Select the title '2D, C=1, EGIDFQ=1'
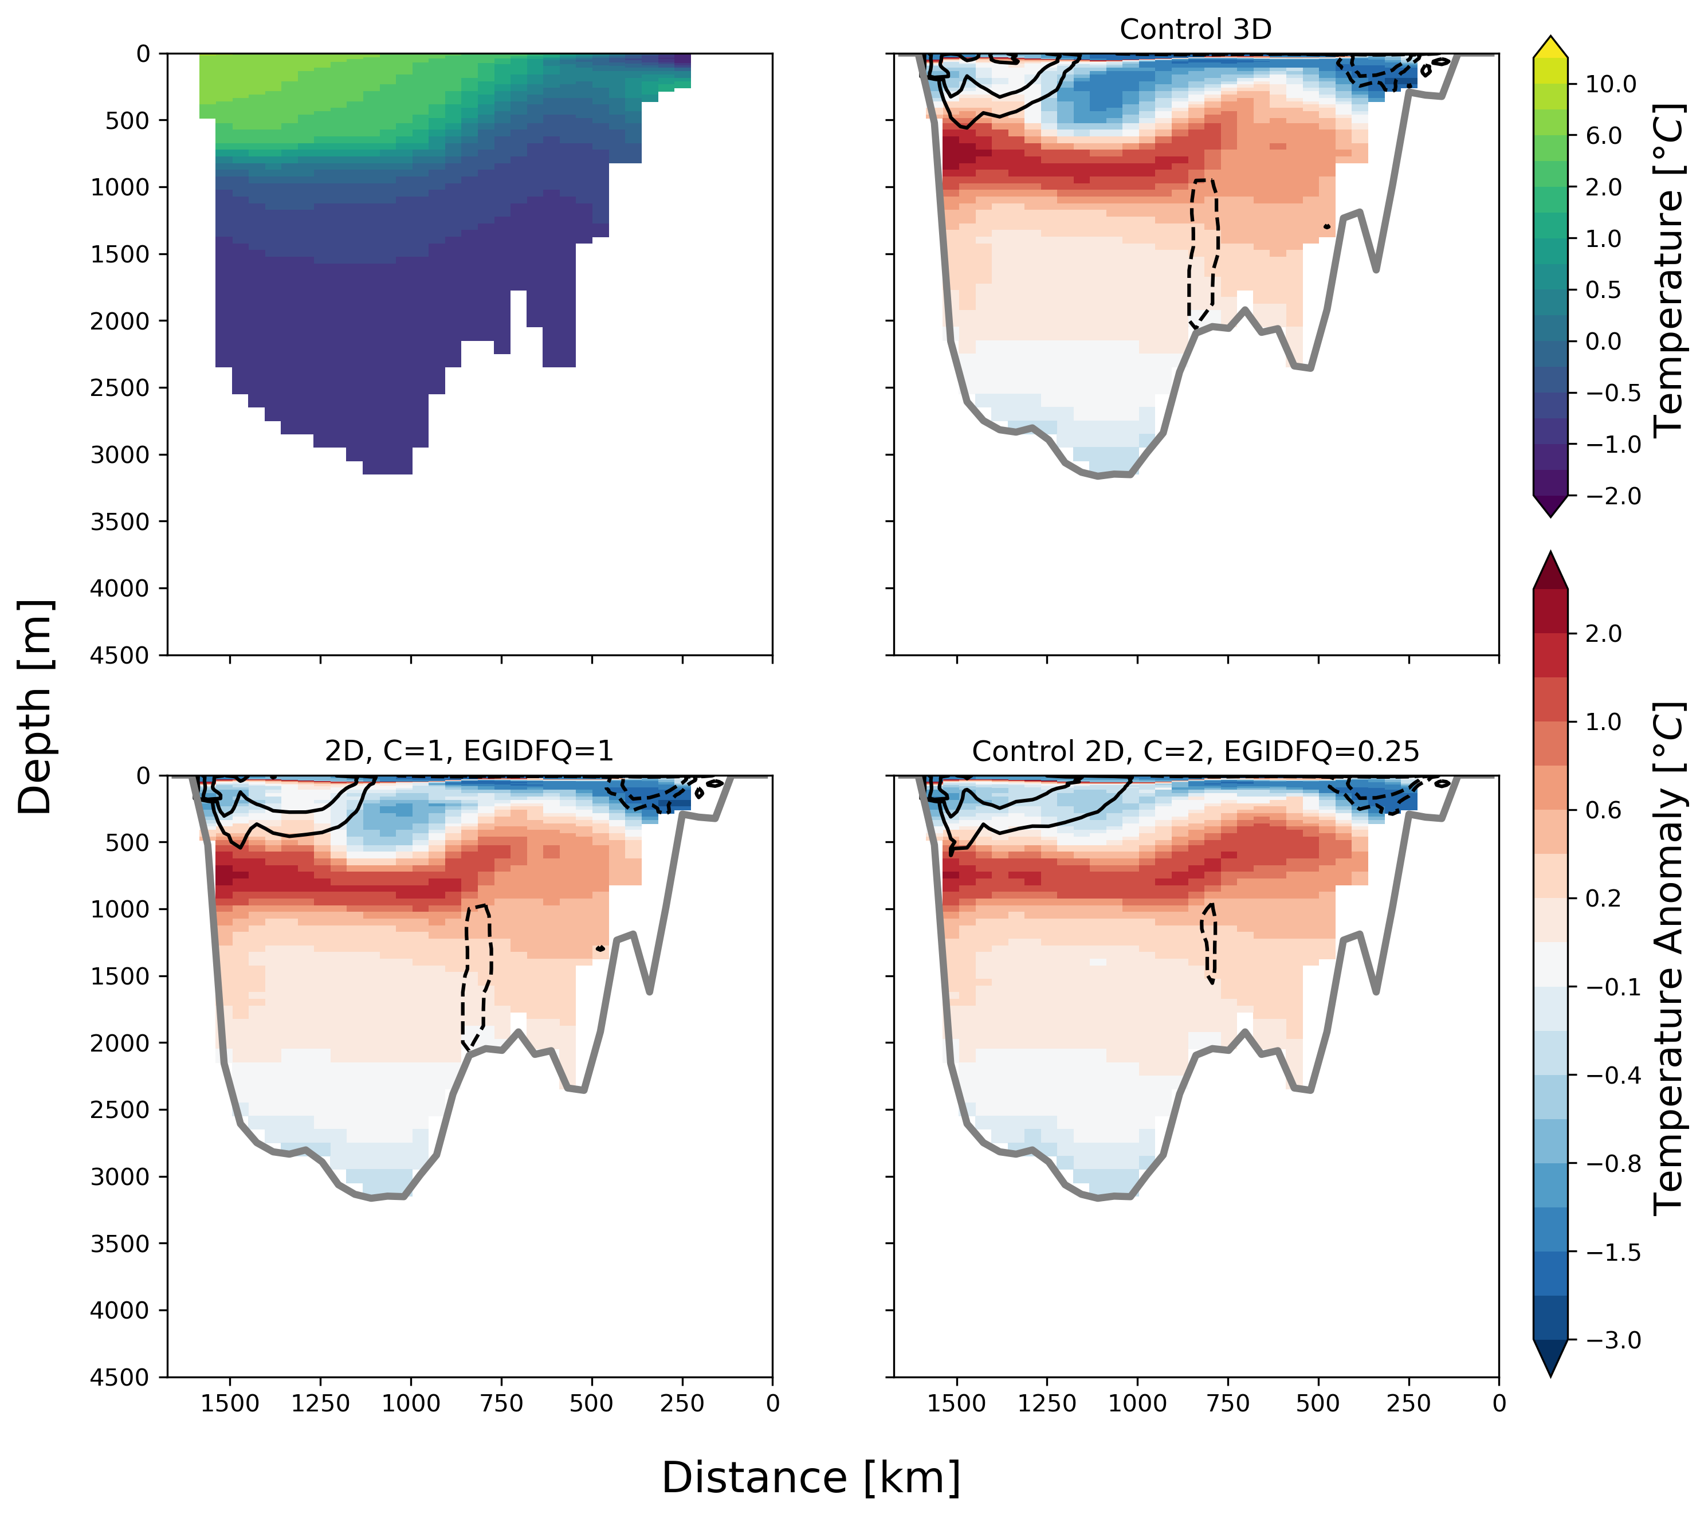469,751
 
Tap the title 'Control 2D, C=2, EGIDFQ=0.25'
1195,751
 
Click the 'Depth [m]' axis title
35,707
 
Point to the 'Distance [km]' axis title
811,1477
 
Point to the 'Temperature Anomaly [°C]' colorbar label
1668,958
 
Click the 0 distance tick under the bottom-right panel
1499,1403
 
